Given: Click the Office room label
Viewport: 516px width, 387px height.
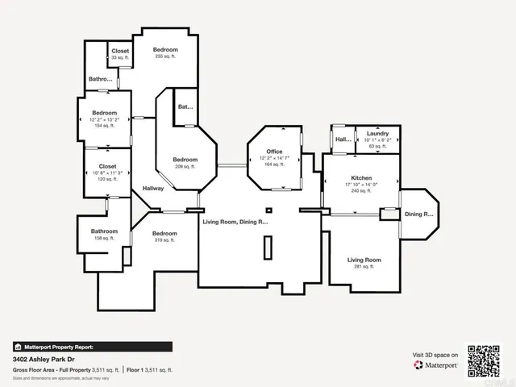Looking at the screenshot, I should tap(274, 152).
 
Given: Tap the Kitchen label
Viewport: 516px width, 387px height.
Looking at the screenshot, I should tap(360, 177).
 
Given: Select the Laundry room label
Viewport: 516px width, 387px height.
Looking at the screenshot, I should tap(377, 133).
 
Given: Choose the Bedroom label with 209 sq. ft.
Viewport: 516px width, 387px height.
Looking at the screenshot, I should tap(185, 159).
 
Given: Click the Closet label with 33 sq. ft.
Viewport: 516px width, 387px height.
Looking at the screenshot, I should tap(120, 51).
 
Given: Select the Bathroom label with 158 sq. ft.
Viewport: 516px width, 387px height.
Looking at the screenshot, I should tap(98, 231).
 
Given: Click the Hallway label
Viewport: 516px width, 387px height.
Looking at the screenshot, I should tap(153, 189).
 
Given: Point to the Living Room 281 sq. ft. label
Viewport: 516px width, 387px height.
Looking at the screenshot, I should tap(364, 260).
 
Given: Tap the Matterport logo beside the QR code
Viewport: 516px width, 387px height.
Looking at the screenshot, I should tap(436, 365).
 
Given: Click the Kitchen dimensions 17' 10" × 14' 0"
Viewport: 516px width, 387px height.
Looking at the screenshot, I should tap(360, 185).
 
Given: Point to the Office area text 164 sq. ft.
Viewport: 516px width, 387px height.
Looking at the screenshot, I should tap(274, 164).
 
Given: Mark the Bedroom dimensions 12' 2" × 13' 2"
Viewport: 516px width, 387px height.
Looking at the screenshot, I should tap(104, 119).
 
